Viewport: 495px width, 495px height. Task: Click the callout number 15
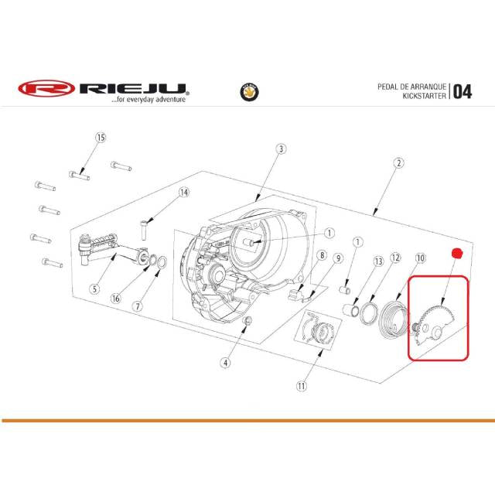coord(101,138)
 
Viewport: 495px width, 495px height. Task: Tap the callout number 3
coord(281,148)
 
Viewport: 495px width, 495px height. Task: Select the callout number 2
coord(399,163)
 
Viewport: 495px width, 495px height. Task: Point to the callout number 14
coord(184,193)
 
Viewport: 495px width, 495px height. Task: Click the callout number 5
coord(94,288)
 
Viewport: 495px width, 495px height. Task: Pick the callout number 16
coord(116,299)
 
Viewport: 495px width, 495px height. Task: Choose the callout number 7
coord(138,306)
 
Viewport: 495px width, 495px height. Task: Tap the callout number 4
coord(225,363)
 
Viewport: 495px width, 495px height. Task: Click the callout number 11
coord(302,385)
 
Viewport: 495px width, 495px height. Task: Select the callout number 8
coord(322,255)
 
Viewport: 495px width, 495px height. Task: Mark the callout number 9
coord(339,258)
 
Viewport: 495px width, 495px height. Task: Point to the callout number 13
coord(378,261)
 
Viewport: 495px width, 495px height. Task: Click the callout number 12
coord(395,258)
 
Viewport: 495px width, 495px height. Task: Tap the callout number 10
coord(421,258)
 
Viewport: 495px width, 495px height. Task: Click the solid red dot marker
coord(456,253)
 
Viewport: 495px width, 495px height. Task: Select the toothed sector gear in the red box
coord(434,327)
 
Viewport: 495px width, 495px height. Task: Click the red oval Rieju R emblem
coord(46,88)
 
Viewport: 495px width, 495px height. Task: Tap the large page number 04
coord(463,92)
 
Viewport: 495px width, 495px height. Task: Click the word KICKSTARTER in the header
coord(425,96)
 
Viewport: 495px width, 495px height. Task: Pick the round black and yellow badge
coord(249,92)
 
